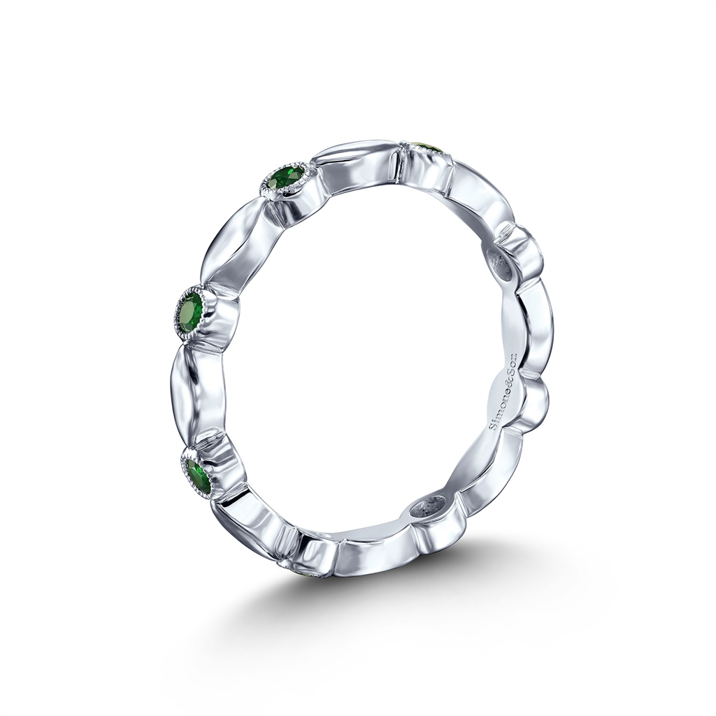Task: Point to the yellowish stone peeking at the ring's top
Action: coord(427,148)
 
